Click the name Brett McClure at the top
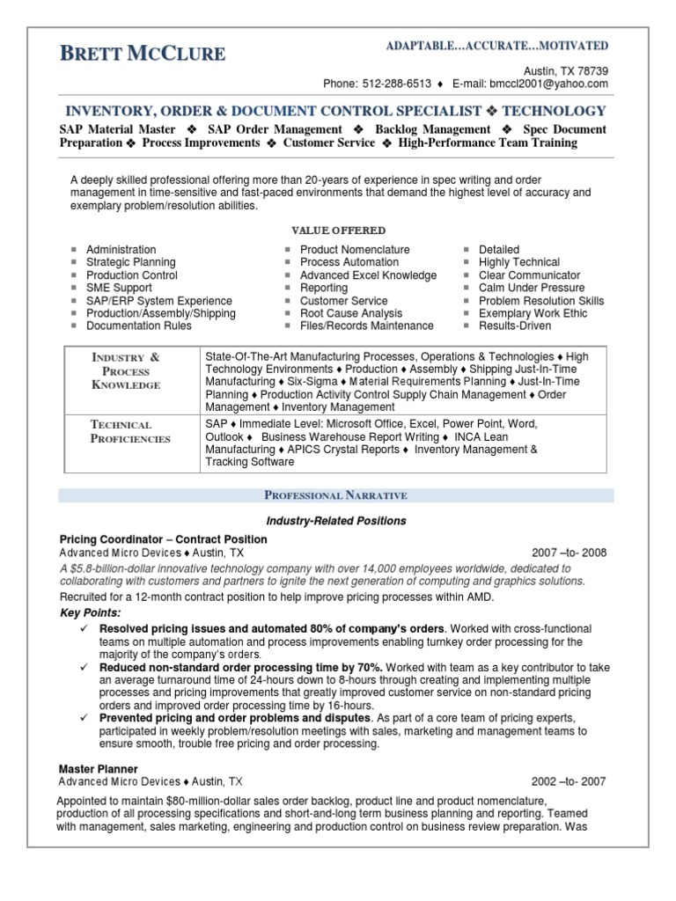pyautogui.click(x=143, y=54)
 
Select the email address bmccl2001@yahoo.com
pyautogui.click(x=552, y=84)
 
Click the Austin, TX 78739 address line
pyautogui.click(x=565, y=70)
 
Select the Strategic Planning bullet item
pyautogui.click(x=130, y=262)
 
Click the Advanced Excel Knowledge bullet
pyautogui.click(x=368, y=275)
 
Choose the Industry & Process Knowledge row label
pyautogui.click(x=128, y=370)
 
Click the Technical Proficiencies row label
pyautogui.click(x=130, y=431)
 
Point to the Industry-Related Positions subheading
pyautogui.click(x=338, y=521)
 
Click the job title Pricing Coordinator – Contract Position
pyautogui.click(x=163, y=539)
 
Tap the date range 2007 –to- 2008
pyautogui.click(x=569, y=553)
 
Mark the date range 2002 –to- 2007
pyautogui.click(x=569, y=781)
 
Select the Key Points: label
pyautogui.click(x=91, y=612)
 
